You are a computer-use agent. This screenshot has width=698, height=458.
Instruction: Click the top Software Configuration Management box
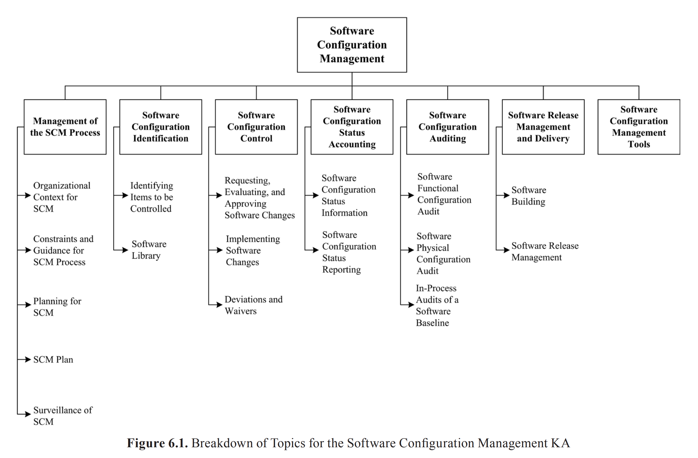point(352,45)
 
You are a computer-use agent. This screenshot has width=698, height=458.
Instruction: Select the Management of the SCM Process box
point(65,127)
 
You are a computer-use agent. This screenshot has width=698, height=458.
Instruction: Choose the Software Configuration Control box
point(256,127)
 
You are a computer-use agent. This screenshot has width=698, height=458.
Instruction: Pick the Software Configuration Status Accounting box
point(352,127)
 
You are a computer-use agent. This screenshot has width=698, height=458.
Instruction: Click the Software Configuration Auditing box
point(447,127)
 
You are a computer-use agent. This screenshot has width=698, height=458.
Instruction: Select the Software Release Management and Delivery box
point(543,127)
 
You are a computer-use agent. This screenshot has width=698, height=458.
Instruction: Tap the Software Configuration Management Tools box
point(638,127)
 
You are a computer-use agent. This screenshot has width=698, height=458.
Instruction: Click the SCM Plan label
point(53,359)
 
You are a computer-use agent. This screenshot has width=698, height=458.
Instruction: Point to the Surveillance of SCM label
point(62,415)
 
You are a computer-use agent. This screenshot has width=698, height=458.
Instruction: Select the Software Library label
point(149,249)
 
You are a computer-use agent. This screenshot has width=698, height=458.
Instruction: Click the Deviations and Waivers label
point(253,305)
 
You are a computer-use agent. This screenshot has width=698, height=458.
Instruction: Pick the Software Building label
point(529,195)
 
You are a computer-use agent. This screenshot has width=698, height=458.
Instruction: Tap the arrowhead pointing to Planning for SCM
point(28,305)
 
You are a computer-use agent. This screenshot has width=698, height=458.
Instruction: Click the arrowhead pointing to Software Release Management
point(507,250)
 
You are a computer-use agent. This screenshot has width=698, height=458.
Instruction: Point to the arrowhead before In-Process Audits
point(411,305)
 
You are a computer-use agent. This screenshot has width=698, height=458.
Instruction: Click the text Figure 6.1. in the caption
point(157,443)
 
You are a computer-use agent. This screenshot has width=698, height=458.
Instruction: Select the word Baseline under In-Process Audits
point(432,323)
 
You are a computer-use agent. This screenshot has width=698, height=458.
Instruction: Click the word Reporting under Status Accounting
point(341,269)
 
